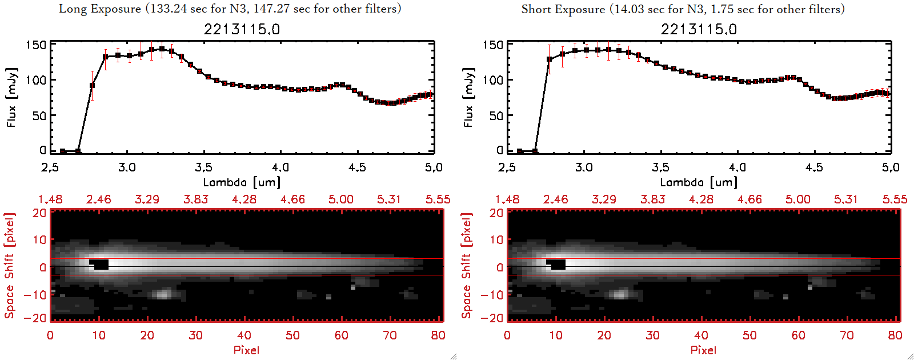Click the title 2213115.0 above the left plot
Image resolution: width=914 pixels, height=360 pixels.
click(242, 29)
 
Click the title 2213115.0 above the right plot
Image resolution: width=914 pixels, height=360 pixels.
click(699, 29)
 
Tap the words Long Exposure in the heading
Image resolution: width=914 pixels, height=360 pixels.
click(100, 9)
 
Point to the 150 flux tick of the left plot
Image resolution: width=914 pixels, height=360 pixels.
click(36, 45)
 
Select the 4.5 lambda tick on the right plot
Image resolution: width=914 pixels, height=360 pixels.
click(814, 167)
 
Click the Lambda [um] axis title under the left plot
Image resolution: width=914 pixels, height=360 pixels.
click(242, 182)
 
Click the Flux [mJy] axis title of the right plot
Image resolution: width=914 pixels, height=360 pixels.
click(468, 97)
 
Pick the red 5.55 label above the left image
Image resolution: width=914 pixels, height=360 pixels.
click(438, 199)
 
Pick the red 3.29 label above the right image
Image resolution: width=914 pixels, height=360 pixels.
click(604, 199)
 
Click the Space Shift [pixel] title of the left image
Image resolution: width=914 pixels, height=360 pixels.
click(10, 266)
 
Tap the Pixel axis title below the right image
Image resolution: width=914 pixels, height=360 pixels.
click(703, 350)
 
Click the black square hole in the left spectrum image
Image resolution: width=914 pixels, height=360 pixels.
click(100, 265)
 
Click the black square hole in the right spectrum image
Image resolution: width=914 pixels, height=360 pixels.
click(557, 265)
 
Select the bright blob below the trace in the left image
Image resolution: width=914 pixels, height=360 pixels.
click(163, 294)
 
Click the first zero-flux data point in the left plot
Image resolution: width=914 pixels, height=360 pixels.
click(63, 151)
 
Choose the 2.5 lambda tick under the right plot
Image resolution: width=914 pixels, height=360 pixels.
click(507, 167)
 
